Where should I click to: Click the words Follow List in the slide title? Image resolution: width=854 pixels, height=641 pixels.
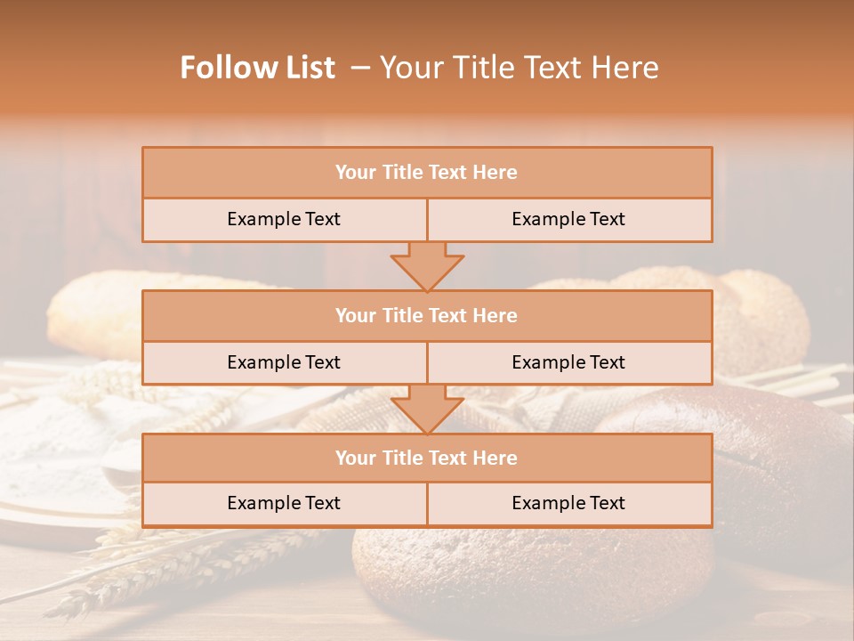click(258, 68)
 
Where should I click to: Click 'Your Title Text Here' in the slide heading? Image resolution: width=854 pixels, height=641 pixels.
click(520, 68)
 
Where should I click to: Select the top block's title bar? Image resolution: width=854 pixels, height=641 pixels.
click(427, 173)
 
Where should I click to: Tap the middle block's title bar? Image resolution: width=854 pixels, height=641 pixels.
click(427, 316)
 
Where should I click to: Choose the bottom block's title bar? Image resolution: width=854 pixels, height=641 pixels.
click(427, 458)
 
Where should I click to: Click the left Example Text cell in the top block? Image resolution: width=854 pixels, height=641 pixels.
click(284, 220)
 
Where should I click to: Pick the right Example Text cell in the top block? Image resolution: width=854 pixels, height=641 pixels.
click(569, 220)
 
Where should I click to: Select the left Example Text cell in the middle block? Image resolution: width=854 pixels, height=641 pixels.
click(284, 363)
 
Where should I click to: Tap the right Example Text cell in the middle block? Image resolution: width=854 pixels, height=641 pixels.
click(569, 363)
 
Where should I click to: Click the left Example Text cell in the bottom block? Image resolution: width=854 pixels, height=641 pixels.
click(284, 504)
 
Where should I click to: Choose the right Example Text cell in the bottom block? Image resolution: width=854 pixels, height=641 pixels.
click(569, 504)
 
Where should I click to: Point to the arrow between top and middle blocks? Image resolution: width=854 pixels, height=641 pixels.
click(427, 266)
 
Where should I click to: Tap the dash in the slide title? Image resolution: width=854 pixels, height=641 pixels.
click(360, 68)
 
